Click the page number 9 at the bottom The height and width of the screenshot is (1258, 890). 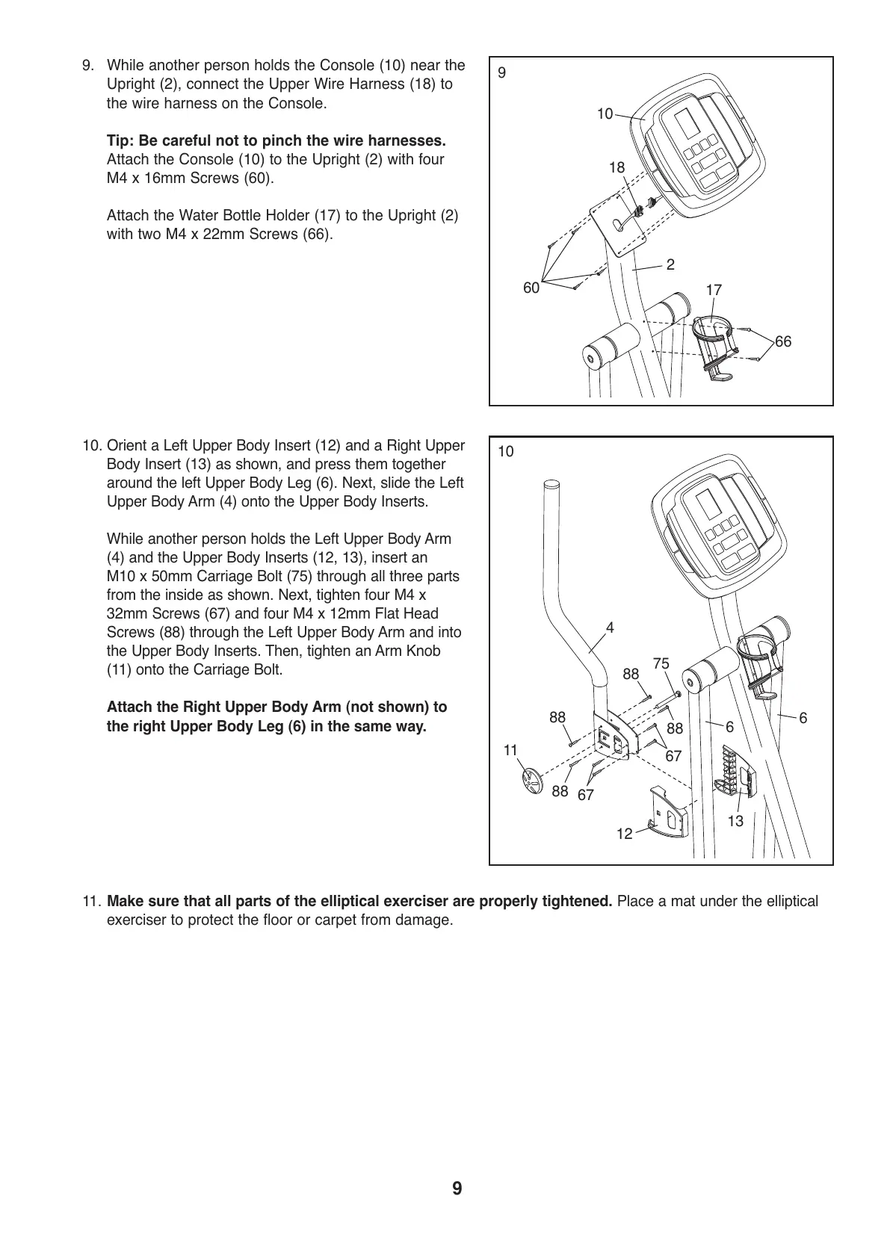[457, 1189]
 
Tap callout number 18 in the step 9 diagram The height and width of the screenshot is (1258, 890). [616, 168]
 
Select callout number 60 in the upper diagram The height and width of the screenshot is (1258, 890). [531, 288]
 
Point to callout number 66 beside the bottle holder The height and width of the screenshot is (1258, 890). [782, 341]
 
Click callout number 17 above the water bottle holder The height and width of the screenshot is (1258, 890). [714, 289]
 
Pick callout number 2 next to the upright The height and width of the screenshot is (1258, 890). [670, 264]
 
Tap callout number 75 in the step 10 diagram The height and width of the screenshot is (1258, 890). [661, 663]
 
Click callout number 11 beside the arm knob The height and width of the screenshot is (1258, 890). [510, 749]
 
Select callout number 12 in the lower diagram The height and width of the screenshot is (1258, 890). [624, 833]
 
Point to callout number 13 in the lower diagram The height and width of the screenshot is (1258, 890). [735, 821]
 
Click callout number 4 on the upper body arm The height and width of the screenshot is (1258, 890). [610, 628]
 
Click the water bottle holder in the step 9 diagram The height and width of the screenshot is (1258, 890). [716, 344]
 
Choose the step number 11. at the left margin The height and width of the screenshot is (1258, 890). [92, 902]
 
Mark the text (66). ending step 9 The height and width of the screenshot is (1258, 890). [316, 234]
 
